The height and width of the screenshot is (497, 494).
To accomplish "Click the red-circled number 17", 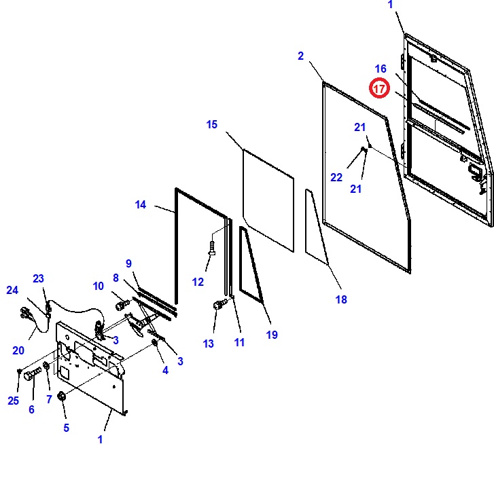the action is click(x=379, y=88).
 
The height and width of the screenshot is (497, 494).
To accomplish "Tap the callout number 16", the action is click(x=381, y=69).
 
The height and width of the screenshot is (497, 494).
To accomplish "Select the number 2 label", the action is click(x=301, y=56).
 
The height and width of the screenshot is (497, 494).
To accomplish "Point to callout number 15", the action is click(x=211, y=124).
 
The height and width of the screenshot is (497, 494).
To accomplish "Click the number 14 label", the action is click(x=140, y=204).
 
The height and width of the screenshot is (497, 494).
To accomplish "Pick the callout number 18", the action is click(x=341, y=299).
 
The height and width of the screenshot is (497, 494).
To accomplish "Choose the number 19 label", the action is click(x=272, y=335).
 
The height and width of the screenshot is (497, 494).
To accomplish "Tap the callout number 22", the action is click(x=336, y=177).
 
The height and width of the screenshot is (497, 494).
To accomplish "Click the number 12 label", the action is click(x=198, y=282).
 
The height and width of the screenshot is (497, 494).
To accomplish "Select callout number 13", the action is click(x=208, y=344).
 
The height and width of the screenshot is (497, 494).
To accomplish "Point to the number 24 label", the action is click(x=12, y=290).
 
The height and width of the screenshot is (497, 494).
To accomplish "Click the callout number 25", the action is click(x=13, y=401).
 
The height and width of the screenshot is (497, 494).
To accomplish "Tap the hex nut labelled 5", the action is click(x=61, y=396).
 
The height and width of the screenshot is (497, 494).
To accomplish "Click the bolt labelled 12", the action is click(x=212, y=248).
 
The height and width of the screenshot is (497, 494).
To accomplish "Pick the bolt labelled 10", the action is click(x=122, y=305).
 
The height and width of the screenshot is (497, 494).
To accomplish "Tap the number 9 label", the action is click(x=128, y=263).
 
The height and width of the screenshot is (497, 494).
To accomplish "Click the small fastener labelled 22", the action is click(x=364, y=149).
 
